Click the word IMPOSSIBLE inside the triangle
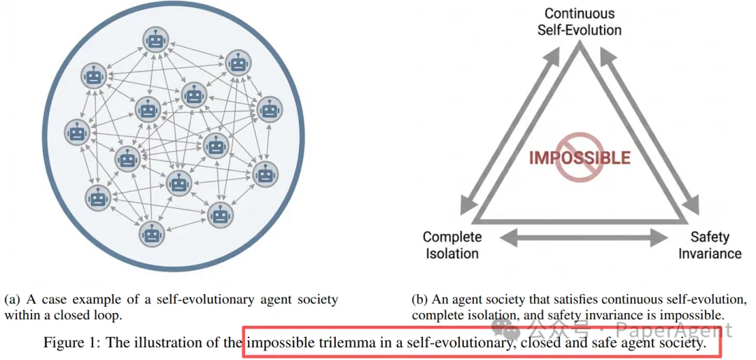pyautogui.click(x=580, y=158)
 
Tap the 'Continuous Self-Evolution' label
pyautogui.click(x=579, y=22)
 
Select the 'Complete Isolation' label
pyautogui.click(x=452, y=245)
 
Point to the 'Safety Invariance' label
pyautogui.click(x=710, y=245)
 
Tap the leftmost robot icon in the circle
pyautogui.click(x=76, y=131)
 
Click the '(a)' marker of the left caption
pyautogui.click(x=12, y=300)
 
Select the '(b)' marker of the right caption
pyautogui.click(x=420, y=300)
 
